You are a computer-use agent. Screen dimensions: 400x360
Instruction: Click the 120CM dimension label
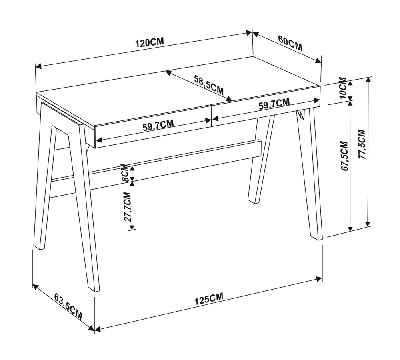(x=150, y=43)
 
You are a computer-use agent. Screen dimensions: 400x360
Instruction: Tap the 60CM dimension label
(x=290, y=44)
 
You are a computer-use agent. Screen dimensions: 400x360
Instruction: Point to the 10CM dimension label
(x=343, y=88)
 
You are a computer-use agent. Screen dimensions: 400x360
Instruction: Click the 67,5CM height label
(x=344, y=156)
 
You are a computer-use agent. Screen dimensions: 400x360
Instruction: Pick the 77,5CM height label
(x=362, y=145)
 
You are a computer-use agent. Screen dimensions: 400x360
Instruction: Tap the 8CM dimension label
(x=125, y=172)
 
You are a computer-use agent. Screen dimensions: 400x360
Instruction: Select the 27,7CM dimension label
(x=128, y=207)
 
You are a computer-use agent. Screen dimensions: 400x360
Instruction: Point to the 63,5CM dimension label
(x=68, y=306)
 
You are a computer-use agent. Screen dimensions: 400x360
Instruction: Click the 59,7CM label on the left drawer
(x=158, y=126)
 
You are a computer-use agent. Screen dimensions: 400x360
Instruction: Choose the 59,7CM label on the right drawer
(x=274, y=104)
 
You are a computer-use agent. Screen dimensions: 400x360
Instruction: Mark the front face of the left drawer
(x=153, y=128)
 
